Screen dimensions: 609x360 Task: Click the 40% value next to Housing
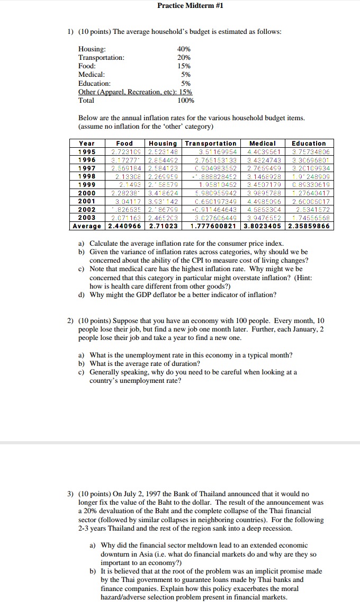[184, 49]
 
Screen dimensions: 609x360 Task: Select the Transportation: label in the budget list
[102, 57]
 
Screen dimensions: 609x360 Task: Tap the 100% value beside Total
[185, 100]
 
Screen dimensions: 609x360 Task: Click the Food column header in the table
[124, 144]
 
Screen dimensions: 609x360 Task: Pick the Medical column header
[263, 144]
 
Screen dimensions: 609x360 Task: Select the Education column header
[309, 144]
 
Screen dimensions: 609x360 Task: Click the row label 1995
[87, 152]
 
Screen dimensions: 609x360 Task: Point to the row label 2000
[87, 193]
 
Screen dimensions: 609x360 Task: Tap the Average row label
[88, 226]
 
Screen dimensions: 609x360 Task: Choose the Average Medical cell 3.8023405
[263, 226]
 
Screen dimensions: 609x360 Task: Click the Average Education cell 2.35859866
[309, 226]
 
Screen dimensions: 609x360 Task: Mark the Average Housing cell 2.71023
[164, 226]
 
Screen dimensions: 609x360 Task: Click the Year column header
[87, 144]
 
